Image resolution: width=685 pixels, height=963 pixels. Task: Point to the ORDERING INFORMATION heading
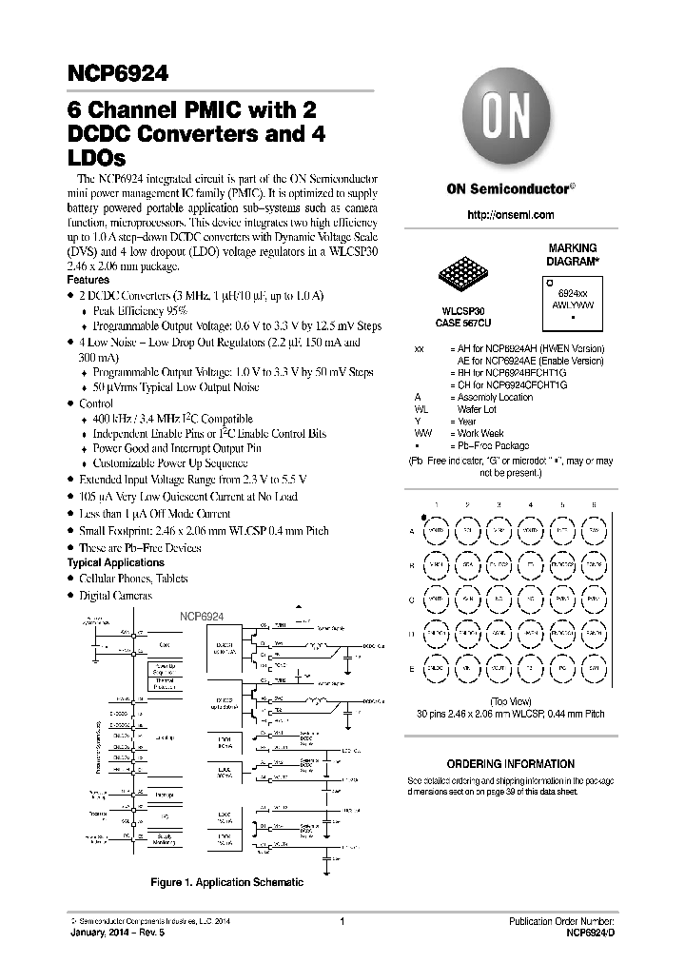point(510,764)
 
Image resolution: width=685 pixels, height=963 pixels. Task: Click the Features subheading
point(88,281)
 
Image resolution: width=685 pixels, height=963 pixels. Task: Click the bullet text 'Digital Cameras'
point(115,595)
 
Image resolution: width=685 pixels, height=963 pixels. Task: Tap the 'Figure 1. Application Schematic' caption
point(227,882)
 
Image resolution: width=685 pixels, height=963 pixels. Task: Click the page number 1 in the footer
point(341,921)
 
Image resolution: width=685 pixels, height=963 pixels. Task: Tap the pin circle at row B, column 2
point(467,565)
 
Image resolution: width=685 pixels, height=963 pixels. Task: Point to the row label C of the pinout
point(411,600)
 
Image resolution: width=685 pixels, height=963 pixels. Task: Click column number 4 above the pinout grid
point(530,504)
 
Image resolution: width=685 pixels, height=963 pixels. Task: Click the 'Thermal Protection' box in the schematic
point(166,682)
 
